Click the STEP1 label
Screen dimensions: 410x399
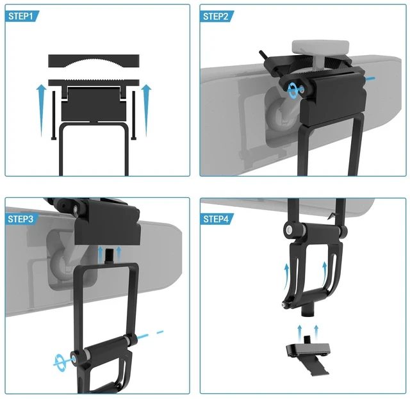[x=21, y=16]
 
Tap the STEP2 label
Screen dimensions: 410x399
[x=216, y=17]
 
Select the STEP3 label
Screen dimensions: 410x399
[x=20, y=219]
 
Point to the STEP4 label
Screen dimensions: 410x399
[x=216, y=219]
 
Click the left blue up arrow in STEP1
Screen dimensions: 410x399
[x=41, y=110]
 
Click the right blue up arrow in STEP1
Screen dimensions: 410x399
[x=147, y=110]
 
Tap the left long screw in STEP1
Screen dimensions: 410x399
[x=54, y=115]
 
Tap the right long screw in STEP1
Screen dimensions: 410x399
[x=134, y=115]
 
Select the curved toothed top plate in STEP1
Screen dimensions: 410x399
[x=94, y=61]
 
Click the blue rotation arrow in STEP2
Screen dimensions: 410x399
[x=293, y=90]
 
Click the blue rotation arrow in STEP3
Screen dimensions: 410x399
[x=61, y=362]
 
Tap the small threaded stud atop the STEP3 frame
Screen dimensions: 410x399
[x=108, y=256]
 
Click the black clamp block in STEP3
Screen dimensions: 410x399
[x=108, y=224]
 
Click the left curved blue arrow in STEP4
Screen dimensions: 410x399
[x=286, y=277]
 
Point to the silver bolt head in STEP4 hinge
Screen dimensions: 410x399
[x=289, y=230]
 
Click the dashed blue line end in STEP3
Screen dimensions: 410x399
[x=160, y=332]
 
